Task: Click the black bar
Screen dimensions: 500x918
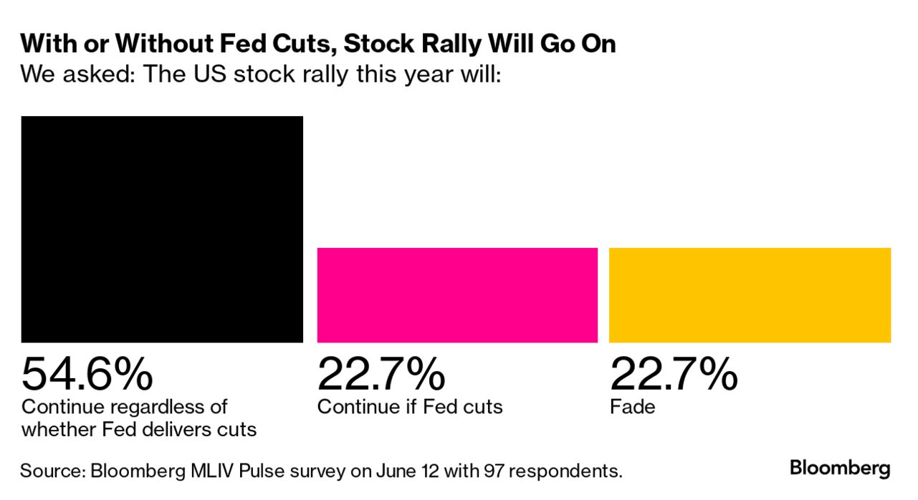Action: point(162,229)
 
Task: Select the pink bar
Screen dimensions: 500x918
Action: point(457,295)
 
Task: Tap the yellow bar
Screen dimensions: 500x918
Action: point(750,295)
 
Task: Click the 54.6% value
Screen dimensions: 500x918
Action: point(87,373)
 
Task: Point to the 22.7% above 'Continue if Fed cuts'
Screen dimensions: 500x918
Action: point(381,373)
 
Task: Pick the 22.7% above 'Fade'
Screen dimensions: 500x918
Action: point(674,373)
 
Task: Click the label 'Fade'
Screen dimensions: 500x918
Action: point(633,407)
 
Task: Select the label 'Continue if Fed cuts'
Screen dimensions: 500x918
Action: point(410,407)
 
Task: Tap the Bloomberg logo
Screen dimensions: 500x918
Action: point(840,469)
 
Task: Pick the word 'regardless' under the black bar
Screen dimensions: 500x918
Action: point(168,407)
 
